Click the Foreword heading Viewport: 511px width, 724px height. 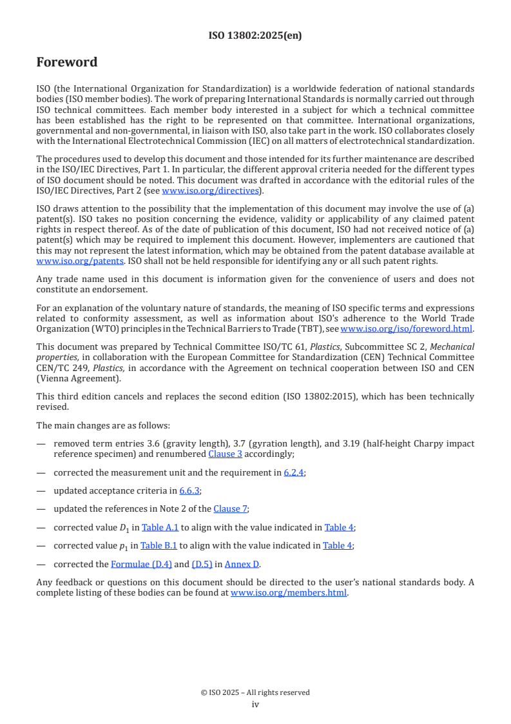point(67,63)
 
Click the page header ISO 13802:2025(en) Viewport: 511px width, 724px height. point(255,35)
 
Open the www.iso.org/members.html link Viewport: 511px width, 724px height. point(289,592)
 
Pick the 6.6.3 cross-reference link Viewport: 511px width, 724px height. point(189,490)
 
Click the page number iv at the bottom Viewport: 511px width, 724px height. point(255,704)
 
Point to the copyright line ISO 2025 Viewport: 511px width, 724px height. point(255,692)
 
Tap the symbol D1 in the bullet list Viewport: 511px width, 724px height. point(123,528)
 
